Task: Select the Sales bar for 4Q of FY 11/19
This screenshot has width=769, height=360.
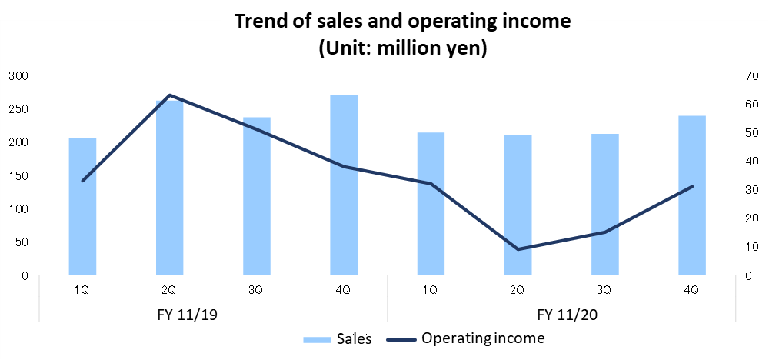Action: (x=344, y=185)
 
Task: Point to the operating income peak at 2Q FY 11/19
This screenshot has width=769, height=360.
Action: (x=169, y=95)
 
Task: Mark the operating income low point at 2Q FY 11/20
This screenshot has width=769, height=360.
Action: (x=518, y=249)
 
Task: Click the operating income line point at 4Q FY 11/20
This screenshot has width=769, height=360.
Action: (x=692, y=186)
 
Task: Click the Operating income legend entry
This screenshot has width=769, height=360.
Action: (x=483, y=338)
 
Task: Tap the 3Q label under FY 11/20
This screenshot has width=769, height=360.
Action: (x=604, y=290)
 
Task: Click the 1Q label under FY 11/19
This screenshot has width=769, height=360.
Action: (x=82, y=290)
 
